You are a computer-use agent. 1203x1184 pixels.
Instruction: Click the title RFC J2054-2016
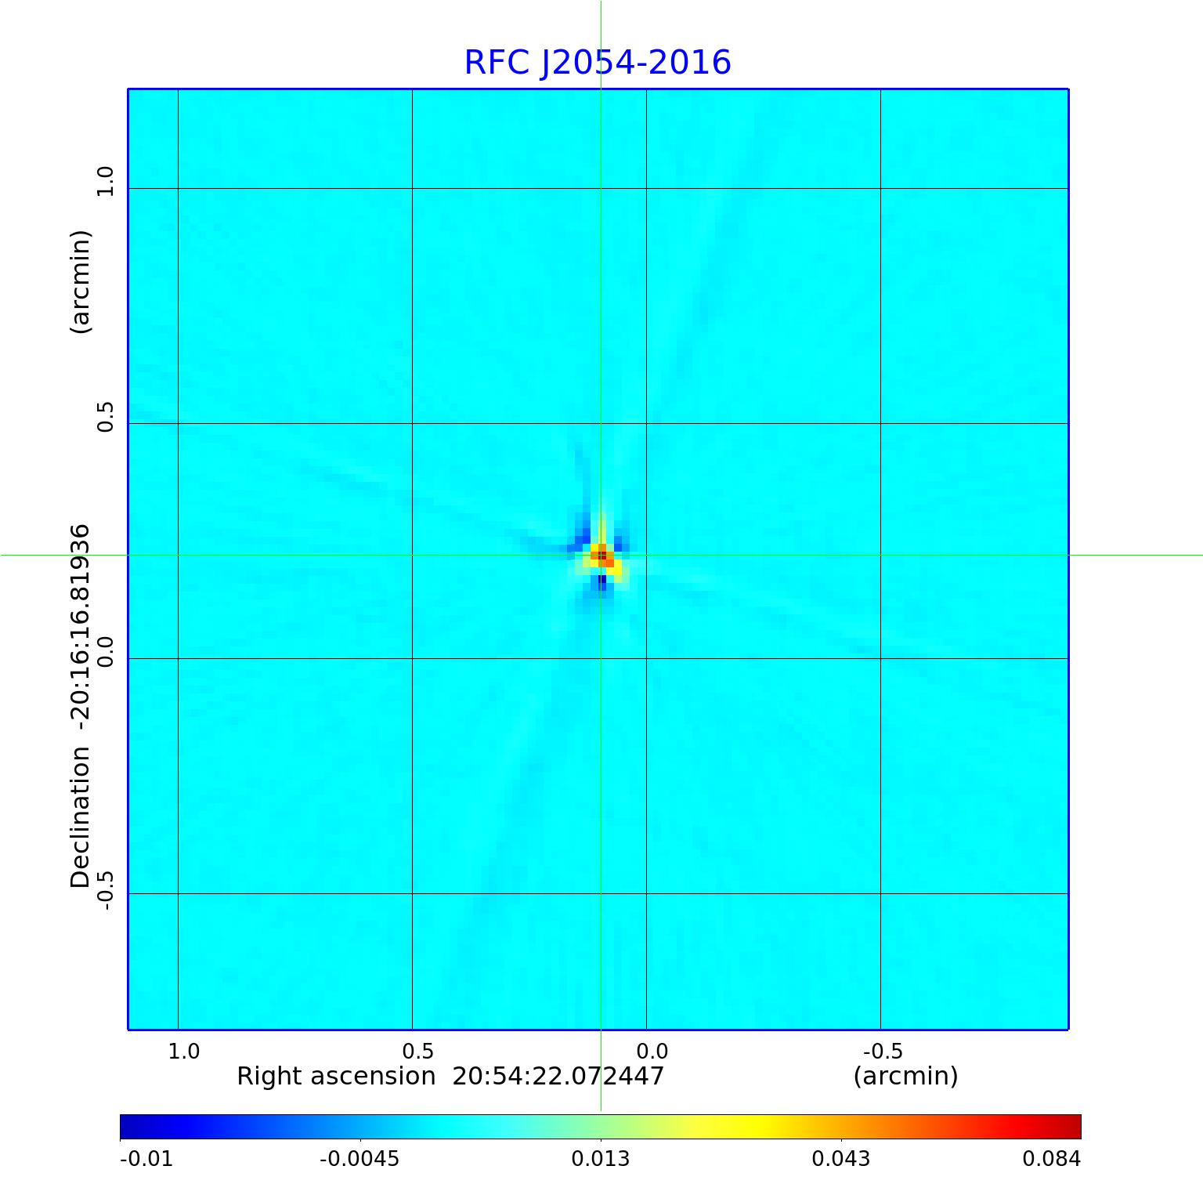598,63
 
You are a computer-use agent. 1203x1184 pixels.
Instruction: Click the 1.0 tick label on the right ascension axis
184,1051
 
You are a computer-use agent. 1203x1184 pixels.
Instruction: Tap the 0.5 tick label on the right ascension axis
417,1051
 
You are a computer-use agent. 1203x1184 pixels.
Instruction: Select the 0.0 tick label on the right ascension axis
652,1051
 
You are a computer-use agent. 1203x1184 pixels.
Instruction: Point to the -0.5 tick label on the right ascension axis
883,1051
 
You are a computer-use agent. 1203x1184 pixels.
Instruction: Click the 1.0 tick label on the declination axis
105,181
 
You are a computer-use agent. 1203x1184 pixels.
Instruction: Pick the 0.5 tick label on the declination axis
105,416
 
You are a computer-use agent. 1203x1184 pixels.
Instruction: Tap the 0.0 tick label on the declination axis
105,651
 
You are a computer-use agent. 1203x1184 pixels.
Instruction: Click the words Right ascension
336,1077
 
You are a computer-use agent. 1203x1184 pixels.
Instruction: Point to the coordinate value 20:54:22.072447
558,1077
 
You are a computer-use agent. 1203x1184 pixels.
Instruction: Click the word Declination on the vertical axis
80,817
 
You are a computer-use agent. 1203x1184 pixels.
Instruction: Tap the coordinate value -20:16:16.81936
80,623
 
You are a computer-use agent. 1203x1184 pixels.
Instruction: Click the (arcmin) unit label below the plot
905,1077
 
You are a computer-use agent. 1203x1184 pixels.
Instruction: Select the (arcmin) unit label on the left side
80,282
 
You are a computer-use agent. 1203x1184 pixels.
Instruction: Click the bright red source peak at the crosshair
601,556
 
